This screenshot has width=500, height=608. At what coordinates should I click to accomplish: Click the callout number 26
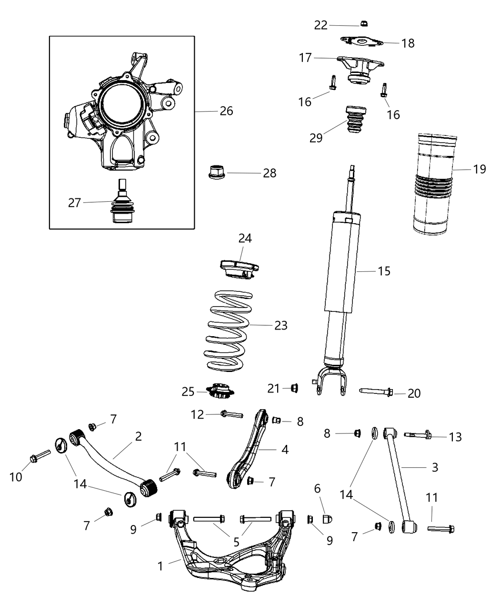point(226,111)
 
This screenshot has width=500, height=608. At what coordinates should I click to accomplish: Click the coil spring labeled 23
point(230,330)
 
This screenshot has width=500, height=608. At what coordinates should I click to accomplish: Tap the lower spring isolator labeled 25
point(220,392)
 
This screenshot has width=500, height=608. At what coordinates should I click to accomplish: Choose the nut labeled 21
point(294,389)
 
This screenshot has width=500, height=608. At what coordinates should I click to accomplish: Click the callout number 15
point(384,271)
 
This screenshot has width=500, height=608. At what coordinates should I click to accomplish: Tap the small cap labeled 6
point(327,519)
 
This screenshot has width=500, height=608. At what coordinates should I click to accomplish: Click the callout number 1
point(160,566)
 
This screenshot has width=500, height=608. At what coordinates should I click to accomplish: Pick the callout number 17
point(305,58)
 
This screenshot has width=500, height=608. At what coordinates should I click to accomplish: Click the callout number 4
point(285,449)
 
